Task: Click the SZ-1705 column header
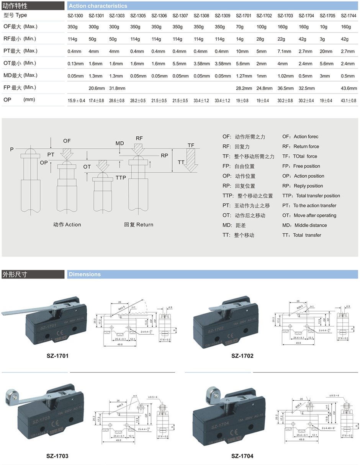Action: click(327, 16)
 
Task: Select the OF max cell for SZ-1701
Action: click(241, 27)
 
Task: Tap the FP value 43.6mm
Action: click(348, 88)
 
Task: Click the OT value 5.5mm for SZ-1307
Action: click(180, 64)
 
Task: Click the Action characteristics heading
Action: click(98, 6)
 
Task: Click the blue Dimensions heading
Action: click(85, 274)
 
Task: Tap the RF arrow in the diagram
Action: click(139, 147)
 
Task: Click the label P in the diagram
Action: click(12, 149)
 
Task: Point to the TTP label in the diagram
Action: click(121, 178)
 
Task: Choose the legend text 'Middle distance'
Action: click(310, 225)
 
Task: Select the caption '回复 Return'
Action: click(139, 225)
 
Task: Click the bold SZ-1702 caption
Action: click(242, 356)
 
